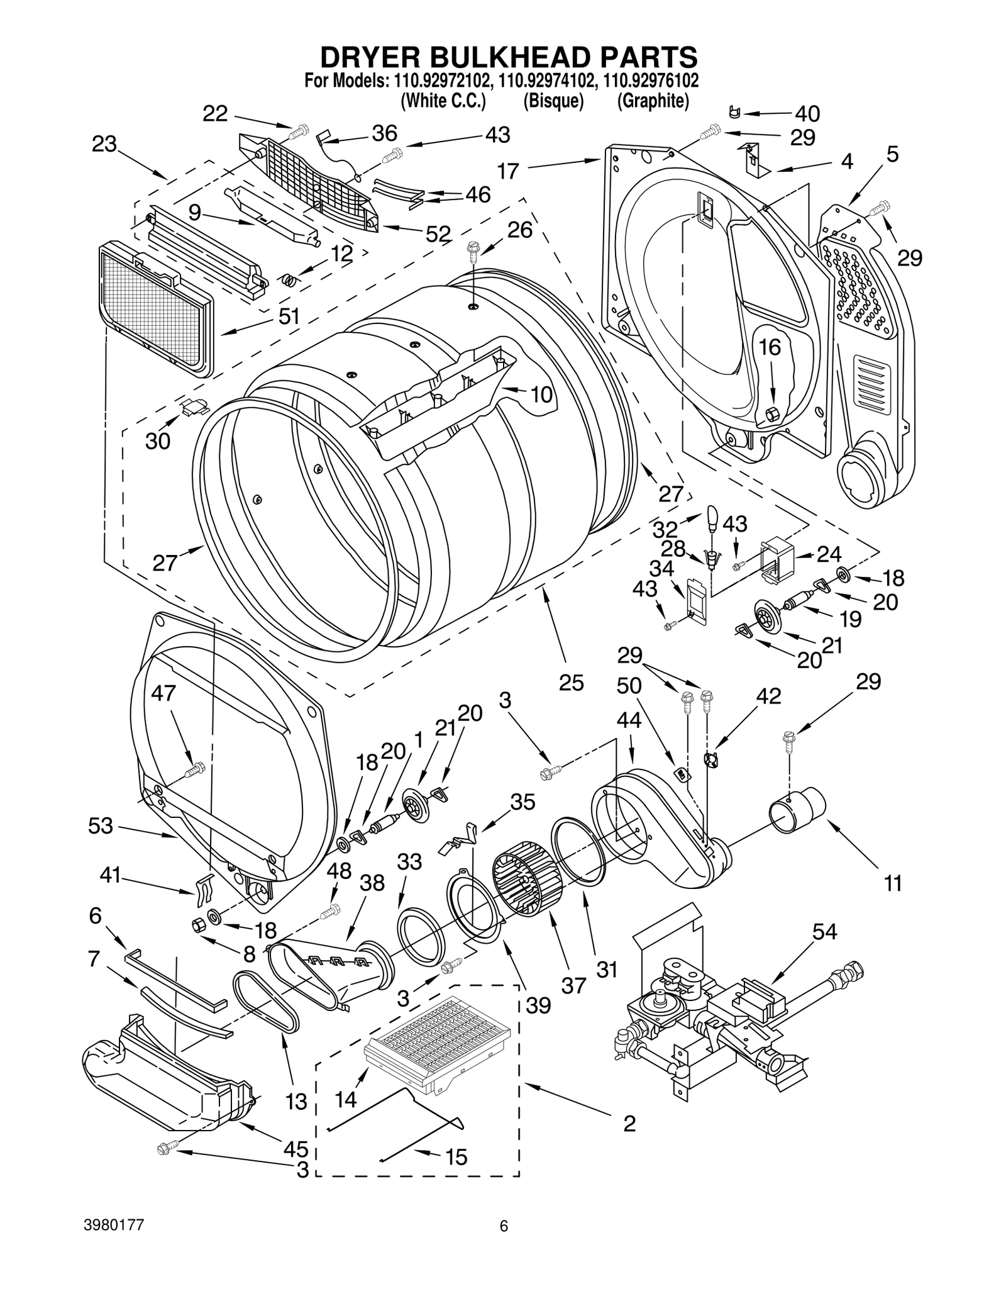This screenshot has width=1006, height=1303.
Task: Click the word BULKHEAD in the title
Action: click(509, 57)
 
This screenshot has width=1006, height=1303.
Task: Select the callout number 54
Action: click(825, 932)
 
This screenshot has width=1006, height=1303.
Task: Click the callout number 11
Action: click(893, 883)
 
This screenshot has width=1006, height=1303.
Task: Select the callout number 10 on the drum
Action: click(541, 394)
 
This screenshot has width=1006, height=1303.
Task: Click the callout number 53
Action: click(100, 825)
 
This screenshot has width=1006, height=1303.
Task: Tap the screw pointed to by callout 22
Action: click(297, 133)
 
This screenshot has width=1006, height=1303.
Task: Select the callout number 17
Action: click(508, 171)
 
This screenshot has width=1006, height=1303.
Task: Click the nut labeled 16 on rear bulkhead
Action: click(772, 413)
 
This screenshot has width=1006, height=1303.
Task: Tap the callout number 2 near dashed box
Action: click(629, 1123)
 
